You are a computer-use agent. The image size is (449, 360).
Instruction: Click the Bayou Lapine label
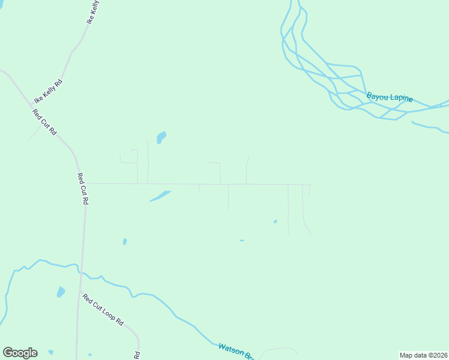390,97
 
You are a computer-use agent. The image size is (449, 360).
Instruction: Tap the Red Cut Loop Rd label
103,309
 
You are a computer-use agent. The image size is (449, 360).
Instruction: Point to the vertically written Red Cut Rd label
83,189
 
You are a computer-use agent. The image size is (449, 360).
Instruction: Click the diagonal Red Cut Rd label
44,122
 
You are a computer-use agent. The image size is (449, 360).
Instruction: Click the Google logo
20,353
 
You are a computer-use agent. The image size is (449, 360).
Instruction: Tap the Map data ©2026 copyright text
423,355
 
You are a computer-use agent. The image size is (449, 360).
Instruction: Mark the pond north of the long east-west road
161,137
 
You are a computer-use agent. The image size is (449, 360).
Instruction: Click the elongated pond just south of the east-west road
160,196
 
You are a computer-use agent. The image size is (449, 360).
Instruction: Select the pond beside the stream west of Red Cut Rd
61,292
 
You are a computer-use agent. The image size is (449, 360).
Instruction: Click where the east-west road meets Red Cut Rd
85,184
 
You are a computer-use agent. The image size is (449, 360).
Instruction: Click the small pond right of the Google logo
50,352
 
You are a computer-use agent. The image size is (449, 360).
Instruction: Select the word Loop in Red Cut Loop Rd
108,313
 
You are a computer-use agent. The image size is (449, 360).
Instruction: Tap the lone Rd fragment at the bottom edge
137,355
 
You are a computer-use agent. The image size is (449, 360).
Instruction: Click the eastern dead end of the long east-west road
312,185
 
